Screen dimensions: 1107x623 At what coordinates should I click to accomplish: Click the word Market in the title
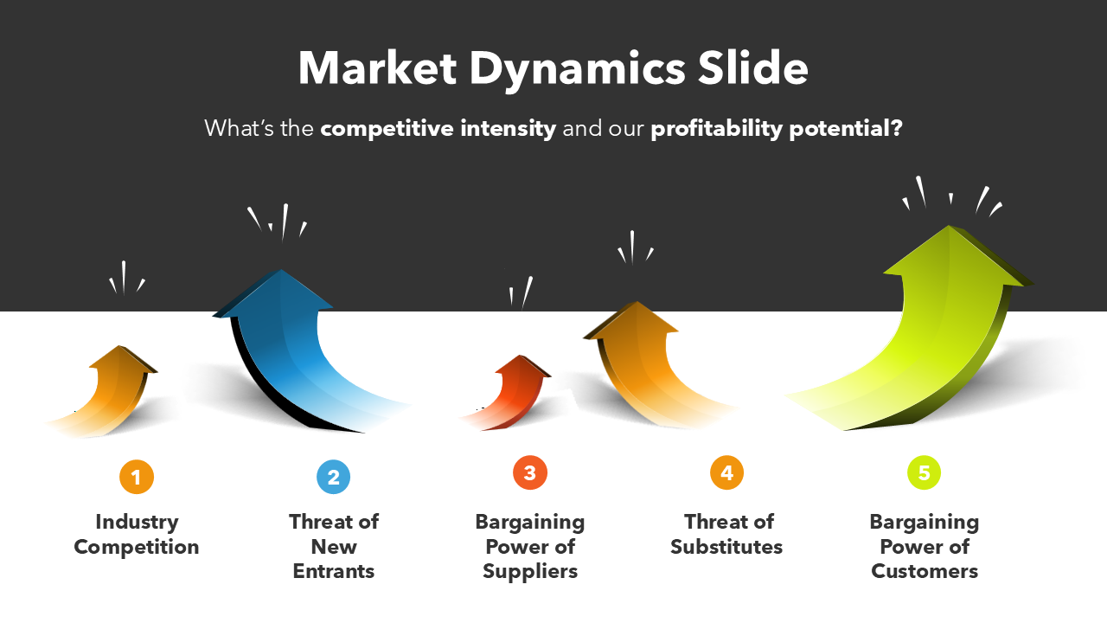coord(377,68)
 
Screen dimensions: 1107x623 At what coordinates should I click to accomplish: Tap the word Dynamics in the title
coord(577,71)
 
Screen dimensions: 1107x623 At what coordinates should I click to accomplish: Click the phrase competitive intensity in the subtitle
coord(438,129)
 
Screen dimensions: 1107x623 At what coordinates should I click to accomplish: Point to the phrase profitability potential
coord(777,129)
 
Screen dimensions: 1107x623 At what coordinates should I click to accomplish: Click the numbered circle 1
coord(137,477)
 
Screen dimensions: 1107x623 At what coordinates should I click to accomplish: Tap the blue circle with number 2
coord(334,477)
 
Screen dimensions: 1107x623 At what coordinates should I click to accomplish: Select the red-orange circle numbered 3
coord(530,472)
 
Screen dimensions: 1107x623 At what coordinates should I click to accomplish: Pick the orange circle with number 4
coord(727,472)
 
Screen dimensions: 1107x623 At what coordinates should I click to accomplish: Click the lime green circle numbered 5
coord(925,472)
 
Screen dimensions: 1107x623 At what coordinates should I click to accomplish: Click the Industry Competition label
coord(137,535)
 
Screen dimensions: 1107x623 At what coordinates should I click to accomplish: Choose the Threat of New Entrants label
coord(334,546)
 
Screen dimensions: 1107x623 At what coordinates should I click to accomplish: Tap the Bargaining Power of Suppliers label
coord(530,546)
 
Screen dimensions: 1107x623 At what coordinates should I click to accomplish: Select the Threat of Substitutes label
coord(727,535)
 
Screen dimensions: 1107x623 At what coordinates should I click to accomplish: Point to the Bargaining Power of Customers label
coord(925,546)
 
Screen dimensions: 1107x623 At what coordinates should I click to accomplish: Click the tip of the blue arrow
coord(281,270)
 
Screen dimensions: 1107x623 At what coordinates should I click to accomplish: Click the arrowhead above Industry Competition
coord(123,357)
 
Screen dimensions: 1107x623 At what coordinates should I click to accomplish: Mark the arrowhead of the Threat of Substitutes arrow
coord(632,319)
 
